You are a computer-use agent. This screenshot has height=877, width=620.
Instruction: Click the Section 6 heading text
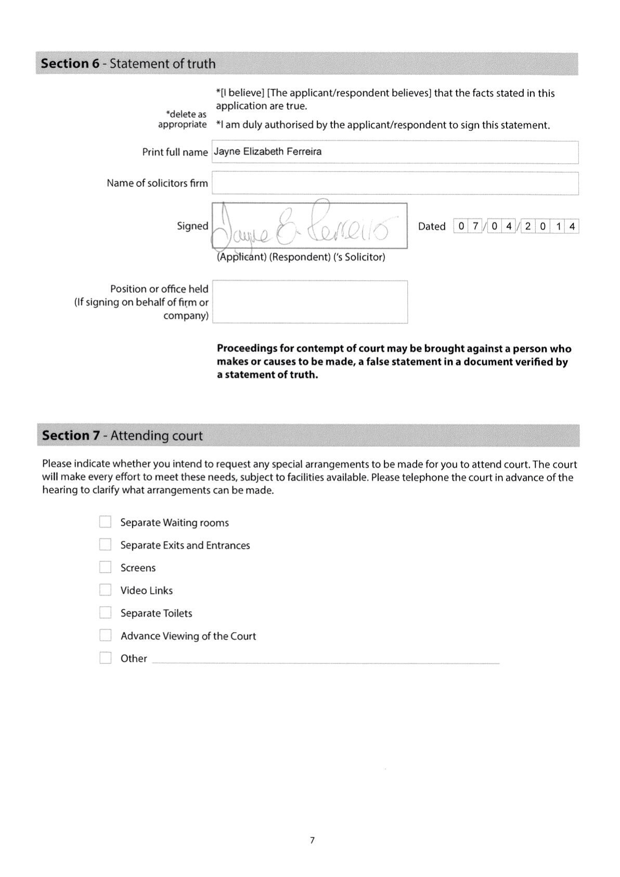[128, 64]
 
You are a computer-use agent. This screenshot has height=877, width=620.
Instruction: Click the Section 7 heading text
[122, 435]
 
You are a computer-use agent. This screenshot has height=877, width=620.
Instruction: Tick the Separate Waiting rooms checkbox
[105, 522]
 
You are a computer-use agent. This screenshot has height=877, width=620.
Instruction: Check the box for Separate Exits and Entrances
[105, 545]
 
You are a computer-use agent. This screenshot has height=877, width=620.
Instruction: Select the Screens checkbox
[105, 567]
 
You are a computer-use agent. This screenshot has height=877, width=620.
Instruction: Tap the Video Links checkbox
[105, 590]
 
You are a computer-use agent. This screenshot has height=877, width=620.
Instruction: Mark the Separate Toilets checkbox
[105, 612]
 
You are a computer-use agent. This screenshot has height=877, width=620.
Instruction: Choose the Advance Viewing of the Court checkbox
[105, 635]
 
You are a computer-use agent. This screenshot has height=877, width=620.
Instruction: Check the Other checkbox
[105, 658]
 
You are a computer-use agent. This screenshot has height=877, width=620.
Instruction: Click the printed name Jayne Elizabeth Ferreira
[268, 152]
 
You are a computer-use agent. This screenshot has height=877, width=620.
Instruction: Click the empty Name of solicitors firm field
[395, 183]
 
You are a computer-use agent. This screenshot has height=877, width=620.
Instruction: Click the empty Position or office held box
[309, 302]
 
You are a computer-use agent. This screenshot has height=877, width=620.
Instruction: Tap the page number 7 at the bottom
[312, 840]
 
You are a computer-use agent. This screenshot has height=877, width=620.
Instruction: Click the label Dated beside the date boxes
[432, 227]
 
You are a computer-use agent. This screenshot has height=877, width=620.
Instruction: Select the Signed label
[192, 226]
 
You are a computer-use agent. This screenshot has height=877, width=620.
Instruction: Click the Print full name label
[175, 152]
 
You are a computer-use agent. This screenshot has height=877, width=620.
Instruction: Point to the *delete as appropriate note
[183, 119]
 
